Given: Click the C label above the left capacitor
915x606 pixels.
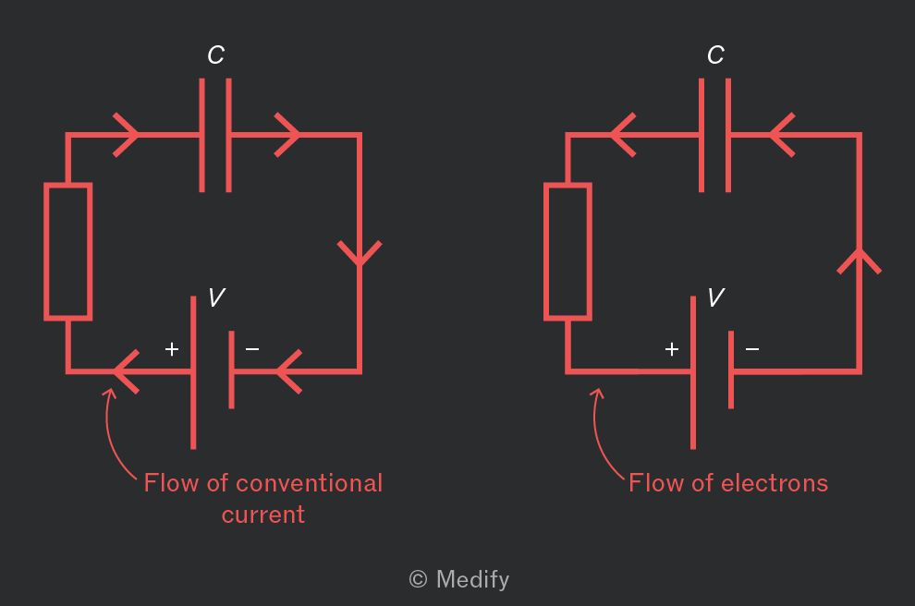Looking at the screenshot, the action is pyautogui.click(x=216, y=55).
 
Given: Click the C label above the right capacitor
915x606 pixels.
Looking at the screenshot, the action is pyautogui.click(x=715, y=55).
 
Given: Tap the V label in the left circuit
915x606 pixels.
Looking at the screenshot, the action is pyautogui.click(x=216, y=297).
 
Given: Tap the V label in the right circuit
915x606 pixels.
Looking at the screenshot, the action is pyautogui.click(x=716, y=297).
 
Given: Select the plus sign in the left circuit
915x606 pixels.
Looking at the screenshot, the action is pyautogui.click(x=172, y=349).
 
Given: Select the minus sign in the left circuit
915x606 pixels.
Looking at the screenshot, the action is pyautogui.click(x=252, y=349).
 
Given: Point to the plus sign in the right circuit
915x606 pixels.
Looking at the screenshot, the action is pyautogui.click(x=672, y=349).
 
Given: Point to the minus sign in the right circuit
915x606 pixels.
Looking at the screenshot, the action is pyautogui.click(x=752, y=349).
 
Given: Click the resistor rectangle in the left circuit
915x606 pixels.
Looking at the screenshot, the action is pyautogui.click(x=47, y=251).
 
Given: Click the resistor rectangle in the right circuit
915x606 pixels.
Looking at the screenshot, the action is pyautogui.click(x=546, y=251).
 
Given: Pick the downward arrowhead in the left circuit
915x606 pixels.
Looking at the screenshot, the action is pyautogui.click(x=360, y=254).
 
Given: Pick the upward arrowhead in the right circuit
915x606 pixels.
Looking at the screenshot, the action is pyautogui.click(x=859, y=261).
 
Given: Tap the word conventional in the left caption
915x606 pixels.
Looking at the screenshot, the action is pyautogui.click(x=310, y=483).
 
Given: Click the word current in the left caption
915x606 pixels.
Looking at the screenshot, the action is pyautogui.click(x=263, y=515).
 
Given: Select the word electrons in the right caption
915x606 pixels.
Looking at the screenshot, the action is pyautogui.click(x=775, y=483).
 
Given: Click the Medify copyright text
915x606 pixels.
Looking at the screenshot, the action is pyautogui.click(x=459, y=579).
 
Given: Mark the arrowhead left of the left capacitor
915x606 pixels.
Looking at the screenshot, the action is pyautogui.click(x=126, y=135).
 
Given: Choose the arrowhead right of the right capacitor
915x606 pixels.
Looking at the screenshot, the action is pyautogui.click(x=782, y=135).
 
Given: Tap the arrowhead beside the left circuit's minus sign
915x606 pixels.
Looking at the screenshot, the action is pyautogui.click(x=289, y=371).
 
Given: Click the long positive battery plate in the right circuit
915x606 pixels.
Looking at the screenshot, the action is pyautogui.click(x=692, y=372).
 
